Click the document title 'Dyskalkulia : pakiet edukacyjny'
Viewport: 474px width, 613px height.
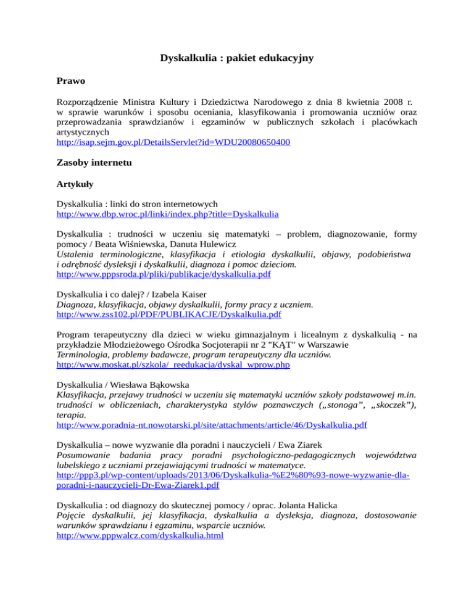coord(237,59)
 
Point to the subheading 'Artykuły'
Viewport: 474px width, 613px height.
coord(78,184)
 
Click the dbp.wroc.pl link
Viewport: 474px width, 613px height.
coord(167,215)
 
